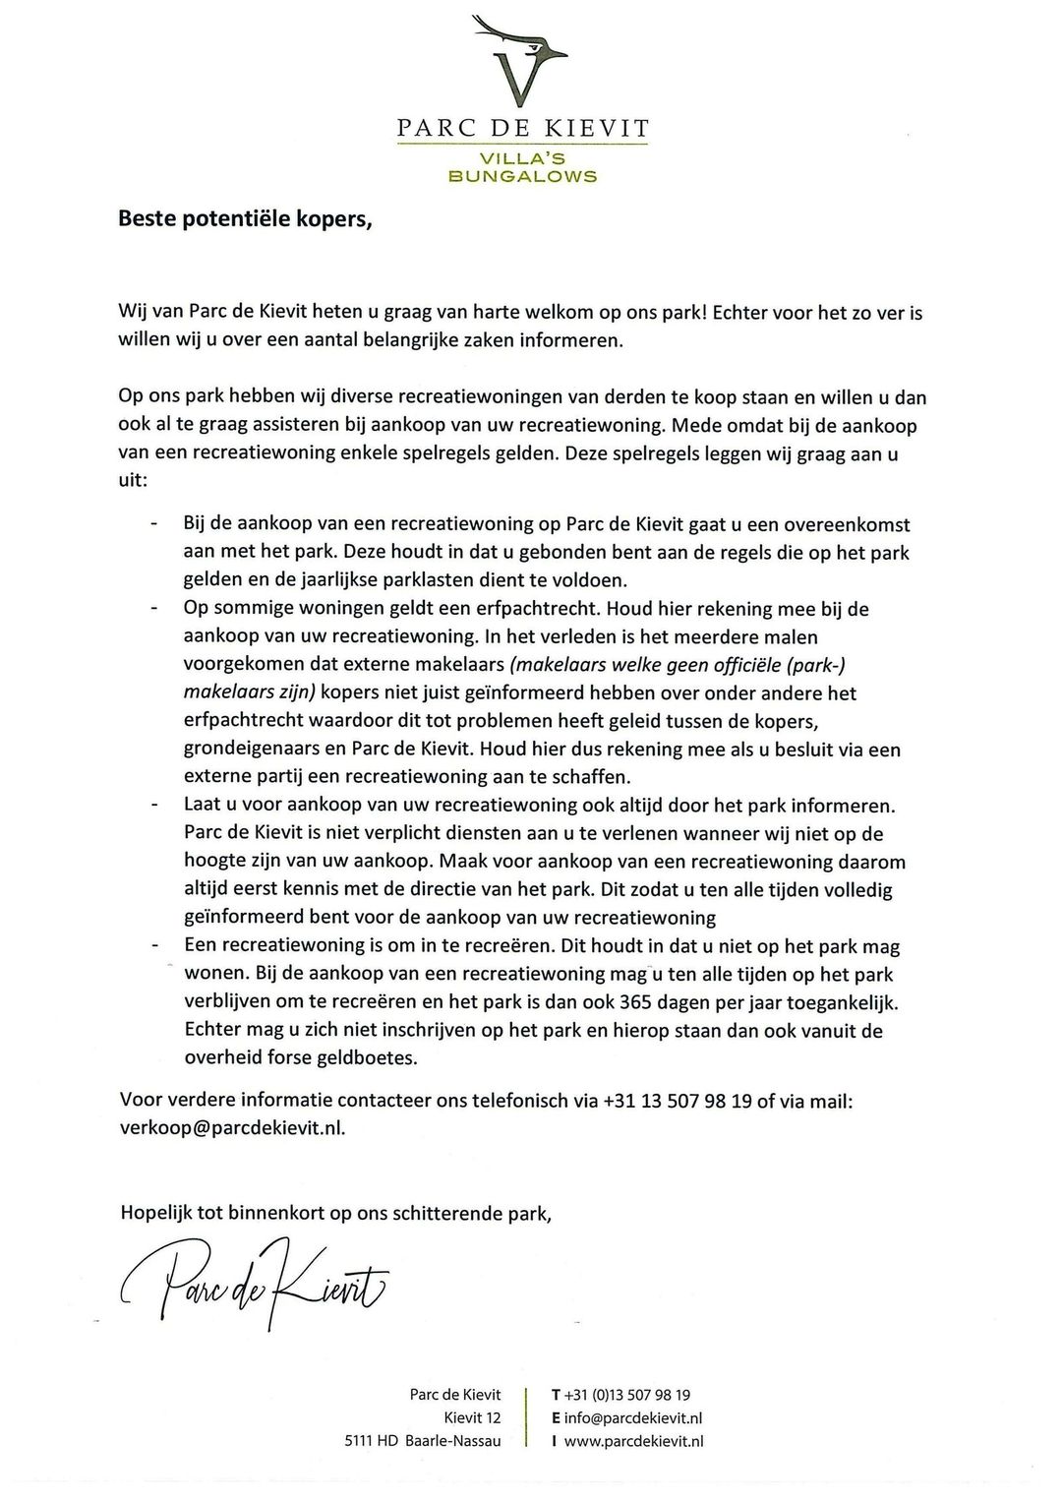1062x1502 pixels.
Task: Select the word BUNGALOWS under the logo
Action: tap(522, 177)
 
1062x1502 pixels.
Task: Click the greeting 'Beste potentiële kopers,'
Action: tap(246, 218)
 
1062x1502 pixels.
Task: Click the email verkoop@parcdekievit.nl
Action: tap(232, 1128)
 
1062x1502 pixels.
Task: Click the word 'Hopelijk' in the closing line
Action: tap(155, 1213)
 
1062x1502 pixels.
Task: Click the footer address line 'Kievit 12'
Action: tap(472, 1417)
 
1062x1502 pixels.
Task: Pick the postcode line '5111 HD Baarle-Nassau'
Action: tap(423, 1441)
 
